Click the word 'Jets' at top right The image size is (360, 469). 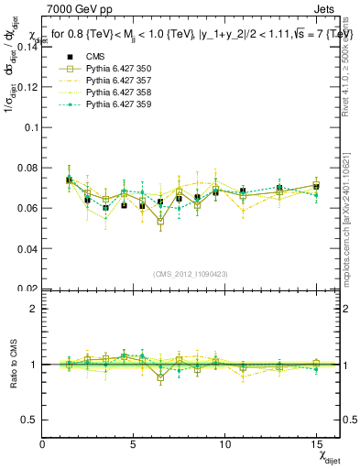point(327,11)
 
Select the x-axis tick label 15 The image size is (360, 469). point(316,444)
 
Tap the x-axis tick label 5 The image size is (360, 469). point(133,444)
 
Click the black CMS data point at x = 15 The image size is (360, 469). point(316,186)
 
